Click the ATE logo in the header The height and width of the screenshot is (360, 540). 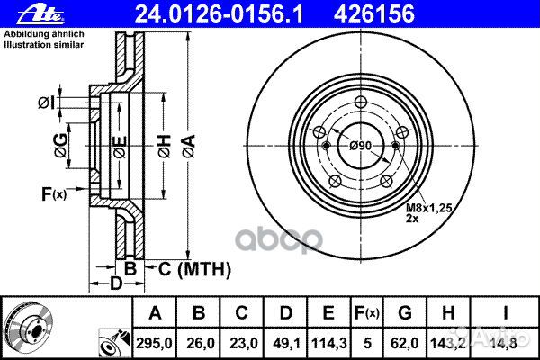coord(40,14)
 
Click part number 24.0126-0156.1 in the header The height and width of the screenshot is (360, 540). coord(219,14)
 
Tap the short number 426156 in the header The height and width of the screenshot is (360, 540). coord(374,14)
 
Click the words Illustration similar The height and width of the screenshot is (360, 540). coord(44,45)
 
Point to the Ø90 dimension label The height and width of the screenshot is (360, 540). coord(361,146)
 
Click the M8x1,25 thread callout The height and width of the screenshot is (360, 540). coord(428,208)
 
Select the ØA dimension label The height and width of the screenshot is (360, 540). coord(189,147)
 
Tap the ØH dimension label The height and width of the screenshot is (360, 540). coord(165,147)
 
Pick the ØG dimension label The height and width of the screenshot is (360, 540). coord(61,146)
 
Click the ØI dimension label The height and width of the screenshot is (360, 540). coord(47,103)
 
